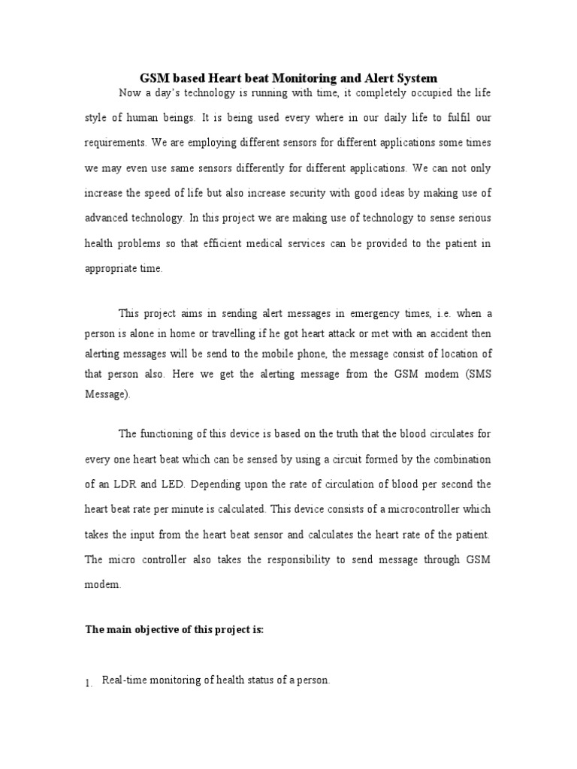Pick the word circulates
[x=442, y=434]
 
